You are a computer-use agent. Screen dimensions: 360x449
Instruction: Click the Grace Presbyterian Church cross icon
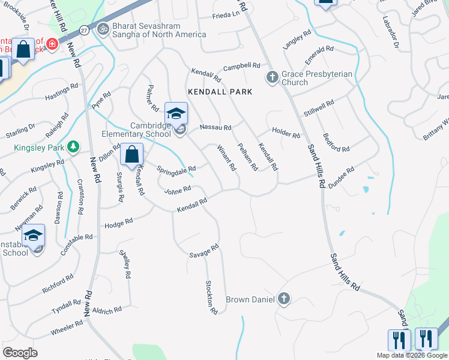point(271,76)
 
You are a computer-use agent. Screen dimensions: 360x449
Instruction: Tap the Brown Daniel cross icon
point(283,299)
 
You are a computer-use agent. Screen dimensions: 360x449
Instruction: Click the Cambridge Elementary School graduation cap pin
point(176,113)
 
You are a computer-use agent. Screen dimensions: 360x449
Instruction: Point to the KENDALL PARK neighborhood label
point(219,92)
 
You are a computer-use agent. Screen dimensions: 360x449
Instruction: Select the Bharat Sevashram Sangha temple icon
point(103,28)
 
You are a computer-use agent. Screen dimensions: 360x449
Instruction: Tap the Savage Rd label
point(205,251)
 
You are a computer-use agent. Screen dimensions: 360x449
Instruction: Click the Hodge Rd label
point(118,223)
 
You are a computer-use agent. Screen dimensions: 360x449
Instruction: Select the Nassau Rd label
point(215,127)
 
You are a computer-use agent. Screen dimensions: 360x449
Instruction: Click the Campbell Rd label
point(241,66)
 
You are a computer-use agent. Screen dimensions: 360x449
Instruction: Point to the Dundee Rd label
point(340,178)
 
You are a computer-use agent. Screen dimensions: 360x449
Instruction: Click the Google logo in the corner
point(20,353)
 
